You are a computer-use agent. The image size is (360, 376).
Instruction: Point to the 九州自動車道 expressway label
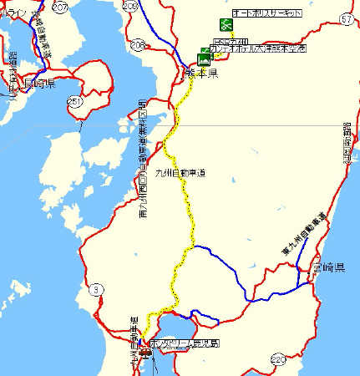point(179,172)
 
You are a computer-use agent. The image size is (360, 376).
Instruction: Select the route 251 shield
point(74,101)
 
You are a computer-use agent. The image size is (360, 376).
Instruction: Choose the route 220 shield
point(277,359)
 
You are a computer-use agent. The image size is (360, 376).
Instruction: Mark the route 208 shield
point(137,44)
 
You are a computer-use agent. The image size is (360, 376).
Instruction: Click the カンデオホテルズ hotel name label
point(258,48)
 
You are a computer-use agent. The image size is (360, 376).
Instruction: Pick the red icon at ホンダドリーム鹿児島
point(147,351)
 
